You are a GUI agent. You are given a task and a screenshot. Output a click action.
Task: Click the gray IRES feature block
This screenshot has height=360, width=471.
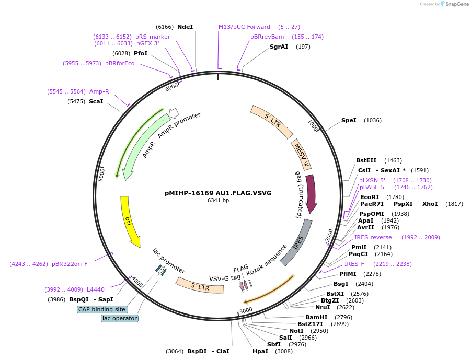coord(296,242)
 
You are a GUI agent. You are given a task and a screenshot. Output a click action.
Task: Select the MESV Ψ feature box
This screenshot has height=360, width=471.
coord(302,155)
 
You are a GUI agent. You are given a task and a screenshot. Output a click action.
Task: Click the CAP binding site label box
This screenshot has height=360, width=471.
coord(102,309)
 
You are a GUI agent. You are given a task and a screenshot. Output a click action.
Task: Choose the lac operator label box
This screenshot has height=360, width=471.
coord(120,318)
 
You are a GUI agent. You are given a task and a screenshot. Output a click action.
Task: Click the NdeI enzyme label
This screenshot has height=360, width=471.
coord(185,27)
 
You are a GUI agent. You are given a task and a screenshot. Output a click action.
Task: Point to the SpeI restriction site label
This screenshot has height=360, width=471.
coord(349,120)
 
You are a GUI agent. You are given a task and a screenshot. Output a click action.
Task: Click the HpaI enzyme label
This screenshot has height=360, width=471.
coord(260,351)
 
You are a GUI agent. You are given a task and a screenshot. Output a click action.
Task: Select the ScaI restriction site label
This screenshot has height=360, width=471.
coord(96,101)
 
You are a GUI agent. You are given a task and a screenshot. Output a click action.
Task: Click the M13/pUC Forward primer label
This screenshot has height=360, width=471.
coord(244,27)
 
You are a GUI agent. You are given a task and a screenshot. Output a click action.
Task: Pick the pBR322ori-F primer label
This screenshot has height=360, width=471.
coord(70,264)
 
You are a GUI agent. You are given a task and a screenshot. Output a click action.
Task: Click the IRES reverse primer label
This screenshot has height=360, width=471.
coord(373,237)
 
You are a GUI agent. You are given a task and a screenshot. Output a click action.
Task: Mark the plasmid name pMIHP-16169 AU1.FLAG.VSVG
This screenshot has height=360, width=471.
coord(218,193)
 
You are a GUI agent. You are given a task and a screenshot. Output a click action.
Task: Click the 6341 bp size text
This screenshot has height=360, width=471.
coord(218,200)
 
